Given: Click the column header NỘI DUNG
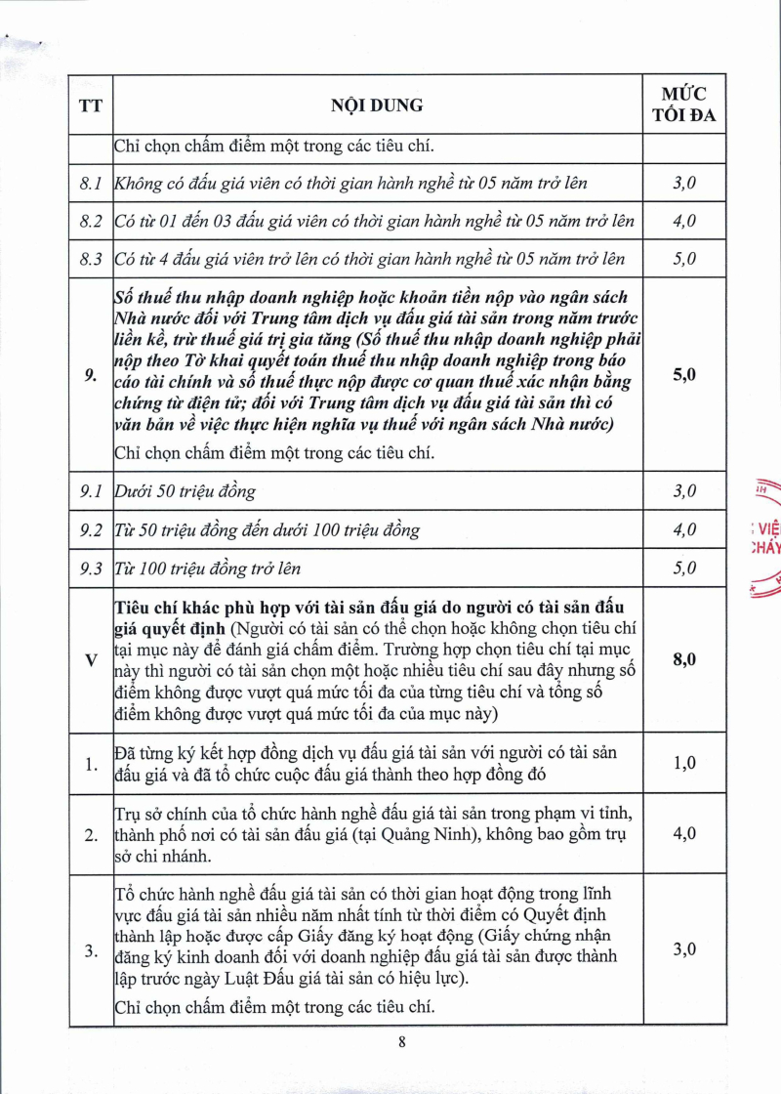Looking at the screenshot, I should click(368, 105).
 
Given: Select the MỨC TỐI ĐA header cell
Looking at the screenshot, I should click(683, 105).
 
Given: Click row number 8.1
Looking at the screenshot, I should click(91, 183).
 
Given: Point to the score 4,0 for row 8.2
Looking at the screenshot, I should click(683, 221).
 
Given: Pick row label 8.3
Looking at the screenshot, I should click(91, 259).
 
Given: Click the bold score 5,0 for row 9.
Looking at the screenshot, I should click(683, 374).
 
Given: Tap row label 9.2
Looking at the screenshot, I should click(91, 530).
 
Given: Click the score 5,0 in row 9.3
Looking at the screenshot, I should click(683, 568).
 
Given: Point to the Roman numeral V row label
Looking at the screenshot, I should click(91, 660).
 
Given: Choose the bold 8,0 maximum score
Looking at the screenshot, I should click(683, 660).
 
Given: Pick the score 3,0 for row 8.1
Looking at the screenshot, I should click(683, 183).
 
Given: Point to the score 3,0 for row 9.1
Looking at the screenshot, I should click(683, 491).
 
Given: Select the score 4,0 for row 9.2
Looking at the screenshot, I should click(683, 530).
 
